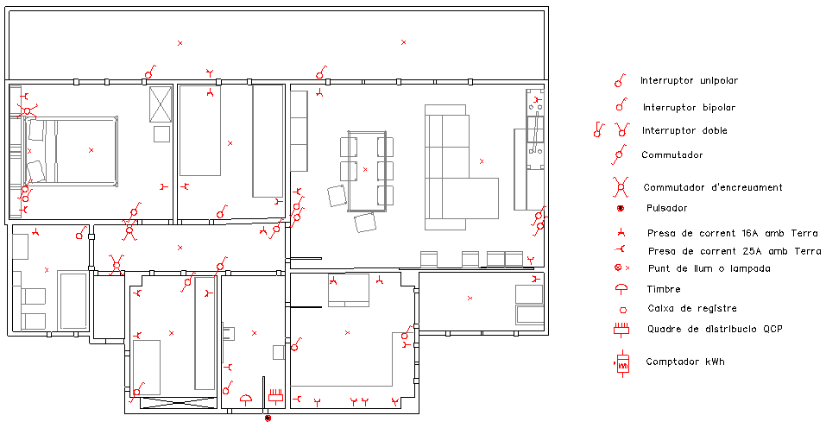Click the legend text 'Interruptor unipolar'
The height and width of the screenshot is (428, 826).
coord(689,80)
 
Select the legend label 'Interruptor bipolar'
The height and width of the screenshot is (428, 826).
coord(689,107)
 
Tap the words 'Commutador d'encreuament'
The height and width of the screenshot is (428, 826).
coord(713,187)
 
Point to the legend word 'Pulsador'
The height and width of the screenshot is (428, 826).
coord(667,208)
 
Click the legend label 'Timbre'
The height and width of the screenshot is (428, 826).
coord(664,289)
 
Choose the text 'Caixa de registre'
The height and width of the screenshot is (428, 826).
coord(692,309)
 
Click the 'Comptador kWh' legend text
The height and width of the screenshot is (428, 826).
coord(685,362)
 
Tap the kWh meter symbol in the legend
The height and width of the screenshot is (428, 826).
coord(622,363)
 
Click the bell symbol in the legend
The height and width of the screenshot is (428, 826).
coord(621,288)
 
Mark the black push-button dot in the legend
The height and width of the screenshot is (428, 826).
coord(621,209)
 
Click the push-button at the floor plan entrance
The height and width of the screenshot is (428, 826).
coord(268,418)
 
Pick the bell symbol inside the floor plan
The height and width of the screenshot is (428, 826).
coord(246,400)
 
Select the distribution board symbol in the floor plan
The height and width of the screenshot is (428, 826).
coord(276,396)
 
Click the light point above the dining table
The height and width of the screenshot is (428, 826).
coord(365,169)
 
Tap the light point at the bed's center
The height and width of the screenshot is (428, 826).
coord(91,150)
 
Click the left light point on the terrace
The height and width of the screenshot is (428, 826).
coord(180,43)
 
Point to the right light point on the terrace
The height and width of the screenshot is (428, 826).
coord(404,42)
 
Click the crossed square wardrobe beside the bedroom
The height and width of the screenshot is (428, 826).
coord(161,104)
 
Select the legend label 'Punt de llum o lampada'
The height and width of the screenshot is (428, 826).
coord(709,268)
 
